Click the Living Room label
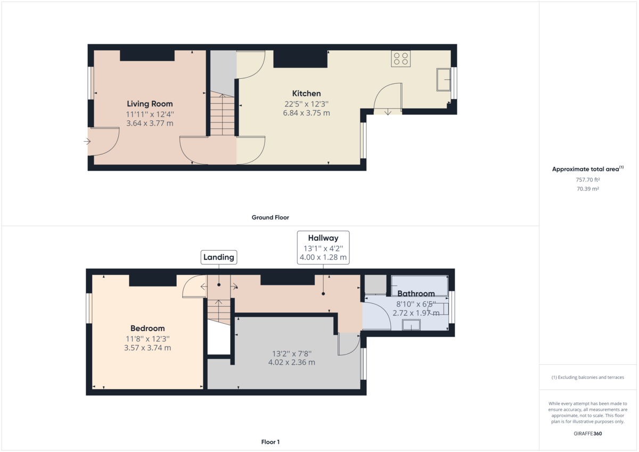coord(150,104)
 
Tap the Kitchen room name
coord(306,94)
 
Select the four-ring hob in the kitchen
coord(401,59)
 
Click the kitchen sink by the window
coord(444,79)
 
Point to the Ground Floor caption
coord(270,218)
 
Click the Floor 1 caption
coord(271,442)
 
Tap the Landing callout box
coord(219,257)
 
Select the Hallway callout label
coord(323,238)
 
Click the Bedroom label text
coord(148,328)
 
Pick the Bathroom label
coord(416,293)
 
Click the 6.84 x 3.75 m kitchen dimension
coord(306,113)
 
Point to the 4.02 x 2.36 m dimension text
coord(292,363)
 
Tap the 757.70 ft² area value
coord(588,179)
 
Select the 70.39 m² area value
coord(588,189)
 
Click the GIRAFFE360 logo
coord(588,434)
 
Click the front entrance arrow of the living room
coord(87,141)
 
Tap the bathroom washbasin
coord(411,325)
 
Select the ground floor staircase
coord(222,113)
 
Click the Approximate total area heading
coord(588,169)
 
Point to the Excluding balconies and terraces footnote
coord(588,377)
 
